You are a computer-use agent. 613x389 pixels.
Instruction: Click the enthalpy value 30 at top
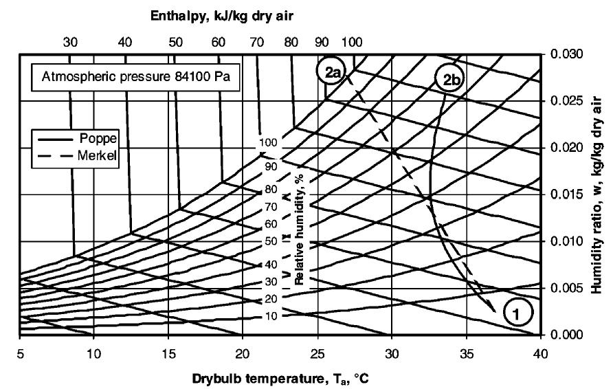pos(70,42)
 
